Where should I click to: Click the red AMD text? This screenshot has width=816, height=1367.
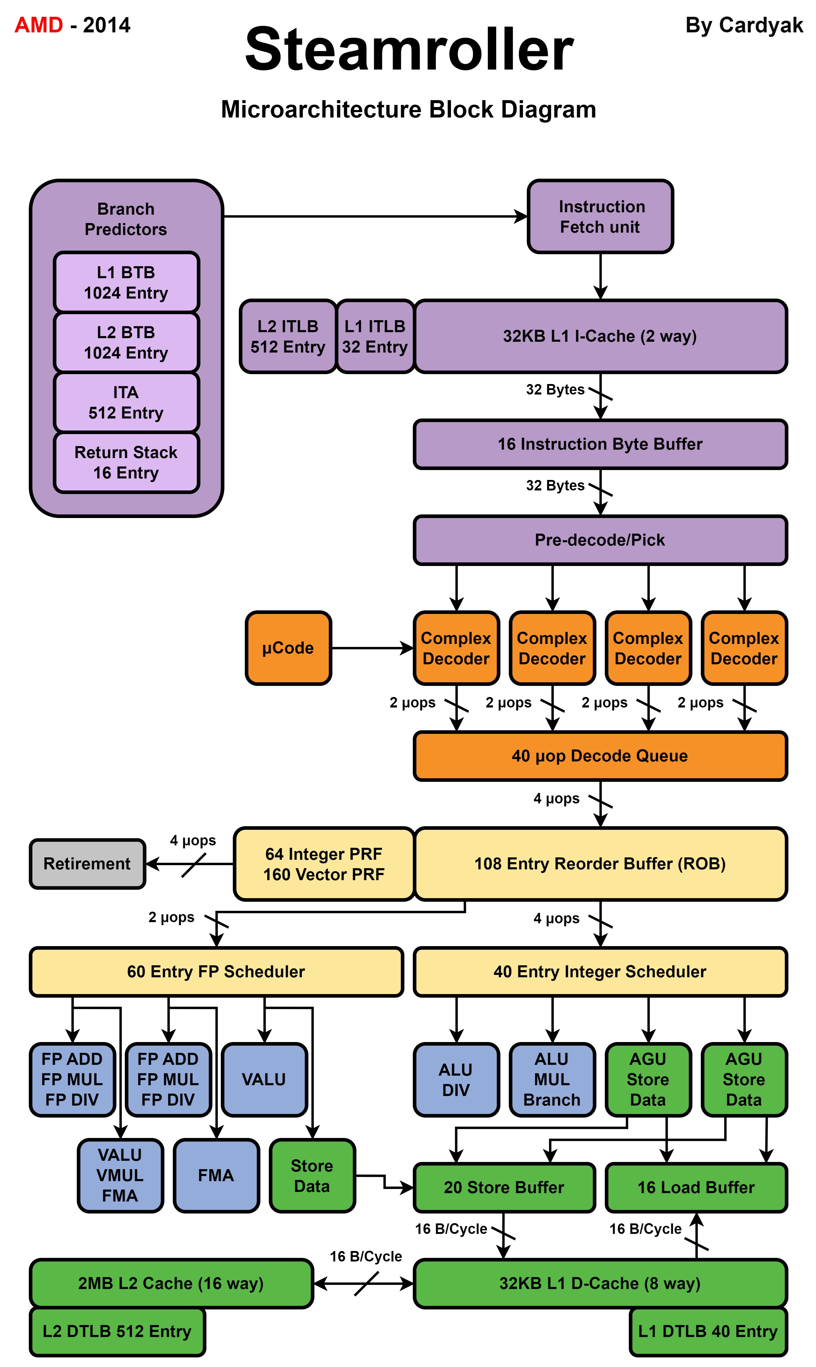(38, 25)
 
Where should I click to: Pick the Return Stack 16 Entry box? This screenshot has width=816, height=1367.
(126, 462)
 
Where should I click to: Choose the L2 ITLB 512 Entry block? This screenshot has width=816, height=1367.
(288, 336)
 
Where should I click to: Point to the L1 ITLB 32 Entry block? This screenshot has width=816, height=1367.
(375, 336)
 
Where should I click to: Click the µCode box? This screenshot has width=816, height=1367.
(288, 648)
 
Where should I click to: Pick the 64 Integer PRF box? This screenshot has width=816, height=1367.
(324, 864)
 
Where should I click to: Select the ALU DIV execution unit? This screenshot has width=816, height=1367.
(456, 1080)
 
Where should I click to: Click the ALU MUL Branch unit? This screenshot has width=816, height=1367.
(552, 1080)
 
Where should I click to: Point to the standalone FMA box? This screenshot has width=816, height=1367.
(216, 1175)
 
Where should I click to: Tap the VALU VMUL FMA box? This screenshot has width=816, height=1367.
(120, 1175)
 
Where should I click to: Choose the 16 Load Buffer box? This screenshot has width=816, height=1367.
(696, 1187)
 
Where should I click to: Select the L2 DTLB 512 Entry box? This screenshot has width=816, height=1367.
(117, 1331)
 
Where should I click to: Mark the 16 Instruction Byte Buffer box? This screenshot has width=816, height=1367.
(600, 444)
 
